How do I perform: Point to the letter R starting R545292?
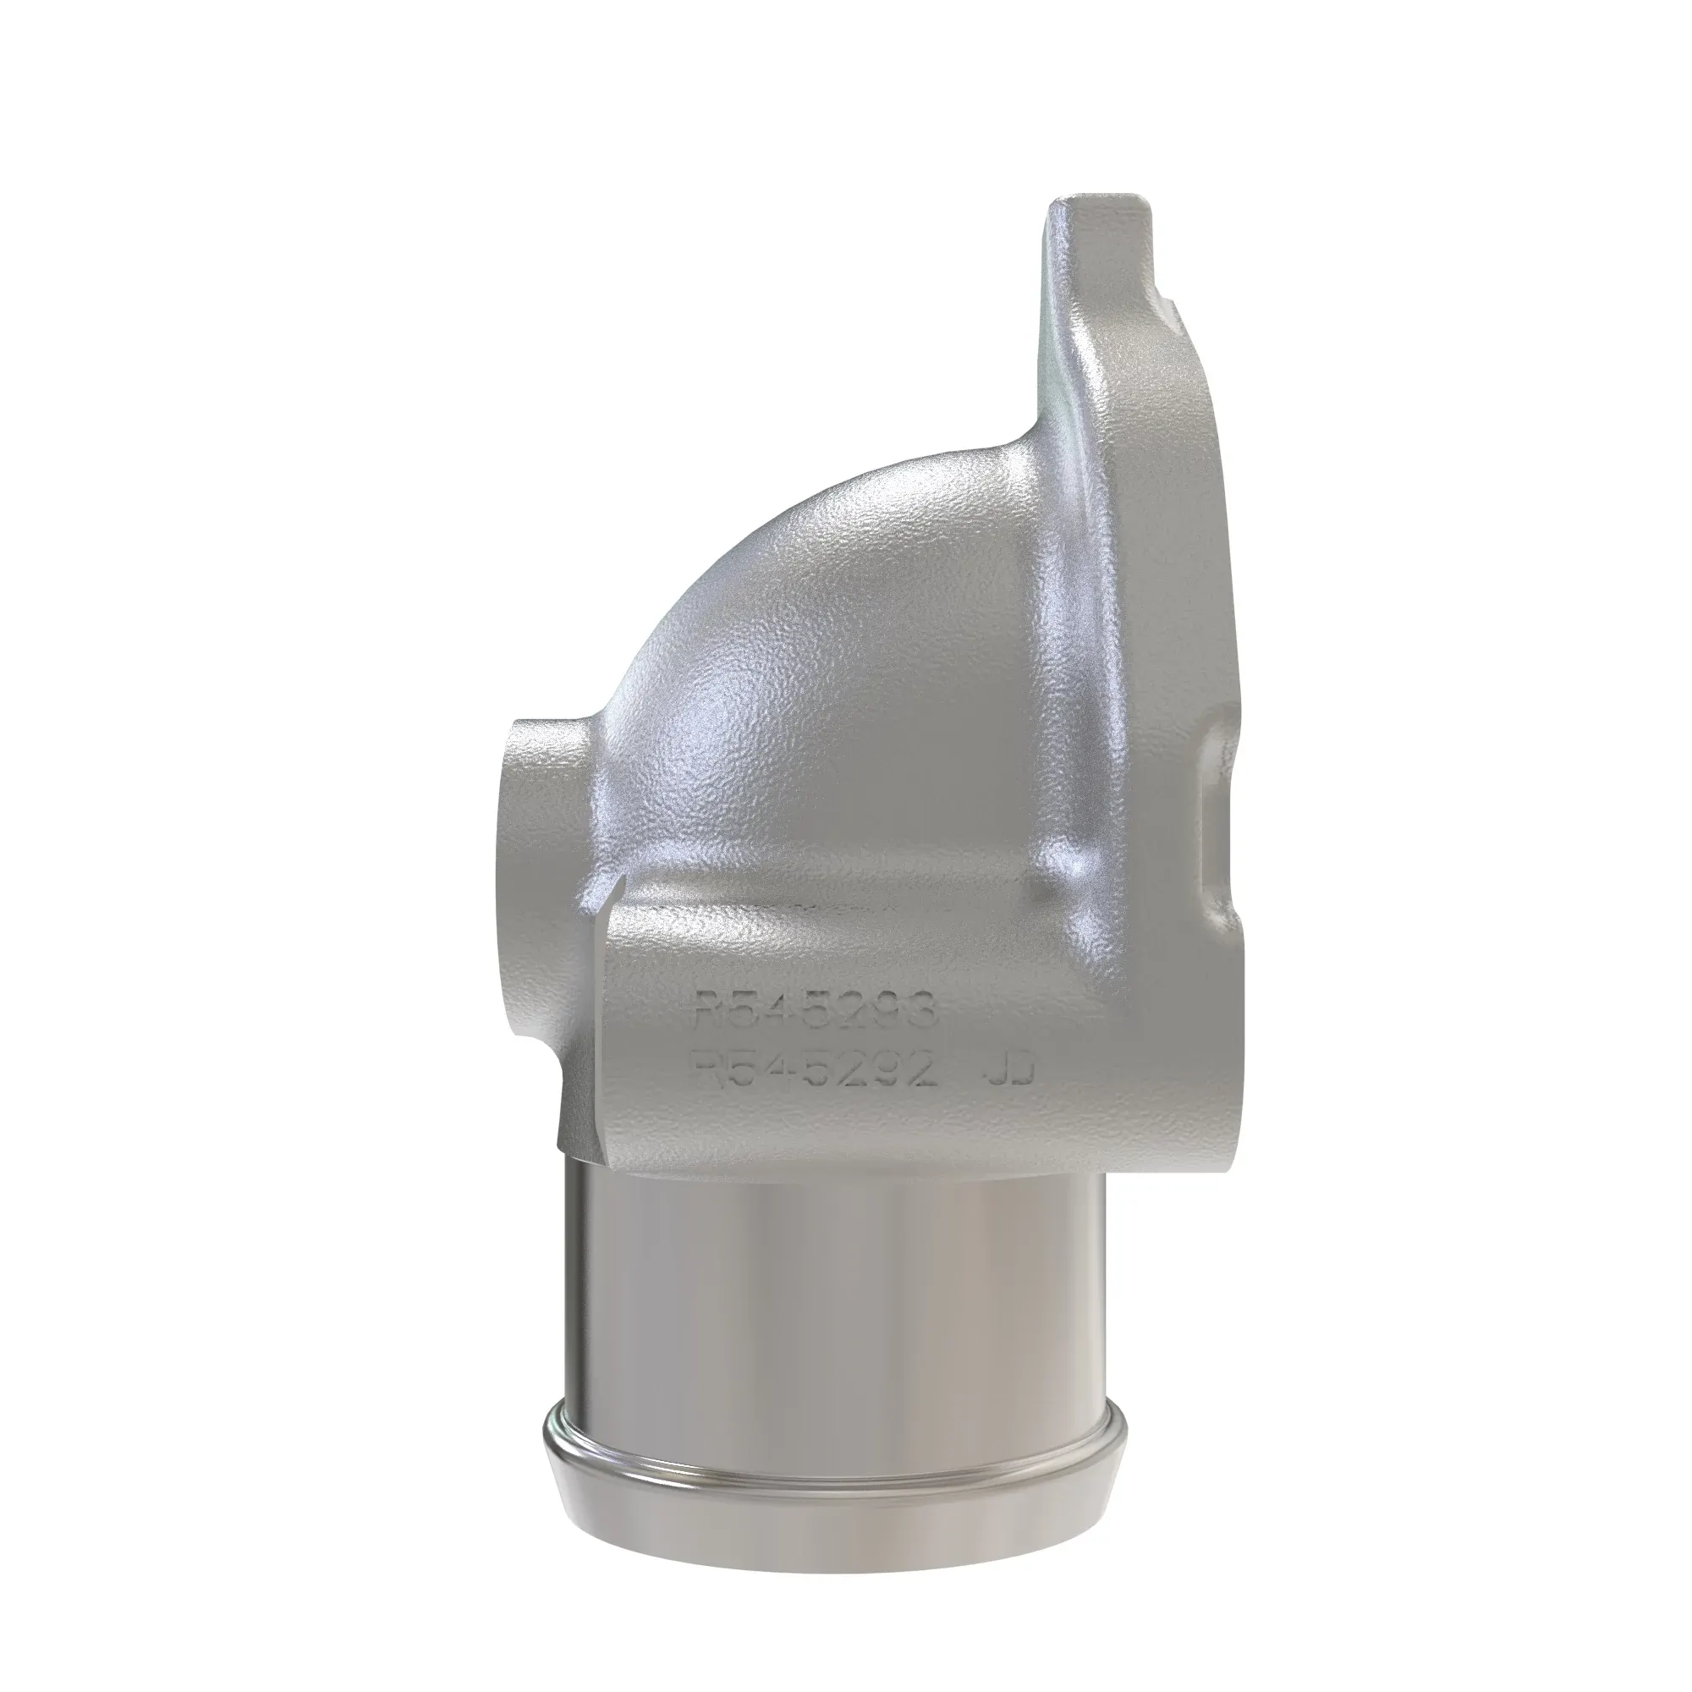click(x=706, y=1069)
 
